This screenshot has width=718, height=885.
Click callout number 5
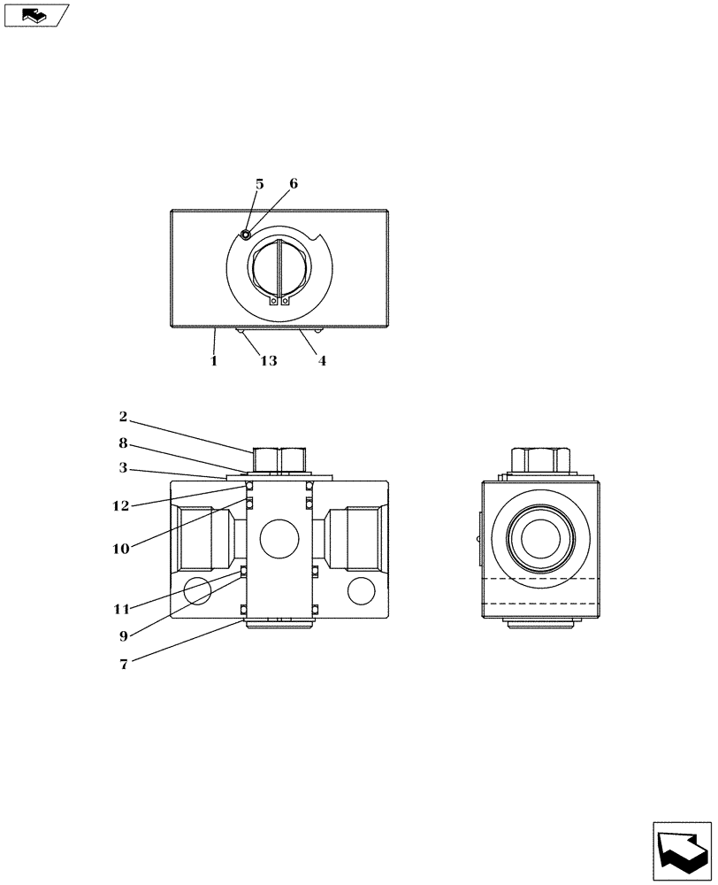[259, 184]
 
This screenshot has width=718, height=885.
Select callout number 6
[294, 184]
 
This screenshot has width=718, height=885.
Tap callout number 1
[213, 361]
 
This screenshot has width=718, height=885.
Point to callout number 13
[268, 361]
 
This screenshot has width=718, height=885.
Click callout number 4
[322, 361]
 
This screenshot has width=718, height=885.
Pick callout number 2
[124, 416]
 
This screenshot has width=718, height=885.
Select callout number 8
[124, 442]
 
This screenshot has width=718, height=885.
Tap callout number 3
[124, 467]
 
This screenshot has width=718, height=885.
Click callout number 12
[121, 506]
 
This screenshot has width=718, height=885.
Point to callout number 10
[121, 549]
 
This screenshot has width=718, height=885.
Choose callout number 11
[121, 609]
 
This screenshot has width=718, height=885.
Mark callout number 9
[124, 635]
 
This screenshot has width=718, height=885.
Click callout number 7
[124, 665]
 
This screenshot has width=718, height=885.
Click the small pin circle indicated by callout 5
[246, 235]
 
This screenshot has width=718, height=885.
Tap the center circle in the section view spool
[279, 539]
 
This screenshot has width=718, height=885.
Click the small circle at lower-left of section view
[197, 589]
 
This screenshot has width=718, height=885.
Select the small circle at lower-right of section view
[361, 589]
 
